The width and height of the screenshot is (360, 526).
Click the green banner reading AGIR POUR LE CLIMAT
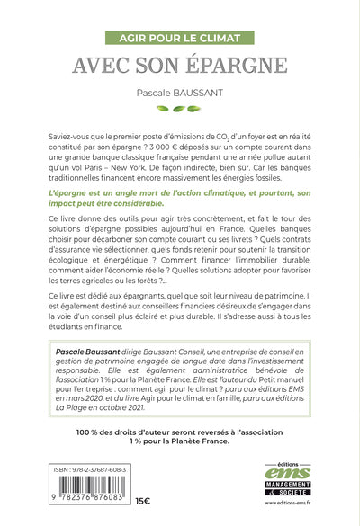pyautogui.click(x=179, y=40)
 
